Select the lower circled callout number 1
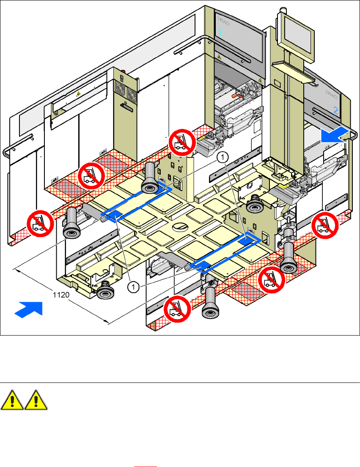coord(133,287)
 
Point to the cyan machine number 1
coord(220,32)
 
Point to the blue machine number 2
coord(336,111)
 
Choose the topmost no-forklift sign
coord(181,142)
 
